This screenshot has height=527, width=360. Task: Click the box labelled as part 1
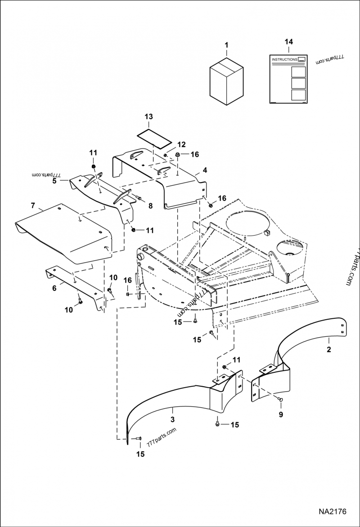(226, 81)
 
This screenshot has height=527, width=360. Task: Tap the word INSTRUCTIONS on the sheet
(284, 59)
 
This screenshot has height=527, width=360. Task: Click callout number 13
(148, 116)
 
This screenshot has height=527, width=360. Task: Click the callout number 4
(205, 170)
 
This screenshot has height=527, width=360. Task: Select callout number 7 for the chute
(33, 205)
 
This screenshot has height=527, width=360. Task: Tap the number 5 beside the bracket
(54, 181)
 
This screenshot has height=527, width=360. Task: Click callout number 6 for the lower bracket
(55, 288)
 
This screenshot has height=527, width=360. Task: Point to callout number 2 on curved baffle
(328, 349)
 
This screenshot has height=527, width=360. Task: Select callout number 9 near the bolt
(281, 415)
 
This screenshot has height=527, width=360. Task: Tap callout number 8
(150, 205)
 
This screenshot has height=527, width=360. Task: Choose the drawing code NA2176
(332, 512)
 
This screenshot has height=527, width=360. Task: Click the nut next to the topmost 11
(94, 167)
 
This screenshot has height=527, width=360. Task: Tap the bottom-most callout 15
(140, 454)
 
